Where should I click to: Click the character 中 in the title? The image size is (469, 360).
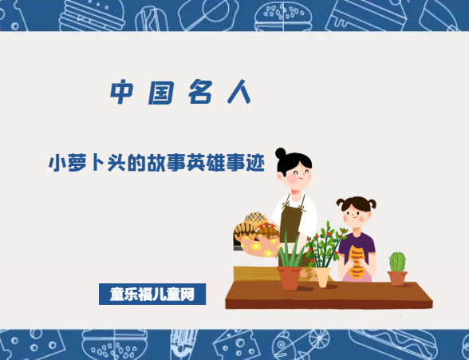point(122,93)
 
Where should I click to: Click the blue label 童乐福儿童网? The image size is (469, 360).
point(152,294)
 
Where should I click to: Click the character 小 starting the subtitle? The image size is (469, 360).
point(57,162)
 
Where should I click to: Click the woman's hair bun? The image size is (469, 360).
point(281,152)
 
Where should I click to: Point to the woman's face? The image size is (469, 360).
point(296,170)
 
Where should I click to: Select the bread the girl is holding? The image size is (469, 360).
point(357,259)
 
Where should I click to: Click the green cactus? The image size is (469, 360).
point(396,261)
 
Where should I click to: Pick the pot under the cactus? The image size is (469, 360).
point(396,278)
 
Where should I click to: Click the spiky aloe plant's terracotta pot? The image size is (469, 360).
point(290,277)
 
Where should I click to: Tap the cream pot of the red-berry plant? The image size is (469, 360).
point(322,276)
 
